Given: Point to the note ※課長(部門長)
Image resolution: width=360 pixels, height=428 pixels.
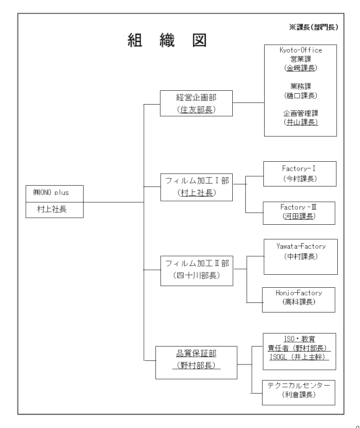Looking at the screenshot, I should coord(313,27).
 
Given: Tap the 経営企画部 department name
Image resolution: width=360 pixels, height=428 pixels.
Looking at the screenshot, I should coord(196,97).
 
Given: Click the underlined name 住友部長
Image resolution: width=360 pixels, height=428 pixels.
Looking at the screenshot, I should coord(196,110).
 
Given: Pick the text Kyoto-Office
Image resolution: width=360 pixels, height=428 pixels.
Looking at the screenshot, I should coord(301,50).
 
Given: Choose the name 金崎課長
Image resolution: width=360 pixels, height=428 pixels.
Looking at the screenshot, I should coord(301,68).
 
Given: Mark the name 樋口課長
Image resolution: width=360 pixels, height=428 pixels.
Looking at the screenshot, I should coord(301,95).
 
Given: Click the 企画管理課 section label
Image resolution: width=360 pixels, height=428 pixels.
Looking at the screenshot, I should coord(301,113).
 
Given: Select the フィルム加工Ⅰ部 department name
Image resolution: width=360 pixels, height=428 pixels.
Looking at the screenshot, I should coord(197,181).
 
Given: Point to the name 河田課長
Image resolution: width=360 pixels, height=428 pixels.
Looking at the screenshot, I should coord(299,216).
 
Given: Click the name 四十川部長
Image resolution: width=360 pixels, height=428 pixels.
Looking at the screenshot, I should coord(197,276).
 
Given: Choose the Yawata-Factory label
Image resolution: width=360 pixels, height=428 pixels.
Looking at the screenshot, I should coord(301,246).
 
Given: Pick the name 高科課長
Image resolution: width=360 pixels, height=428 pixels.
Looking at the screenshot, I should coord(299,302).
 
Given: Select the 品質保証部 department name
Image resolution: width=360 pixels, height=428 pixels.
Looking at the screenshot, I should coord(196,354).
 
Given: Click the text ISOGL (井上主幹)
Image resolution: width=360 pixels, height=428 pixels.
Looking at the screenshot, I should coord(299,357).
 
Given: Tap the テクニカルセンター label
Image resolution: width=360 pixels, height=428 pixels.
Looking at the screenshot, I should coord(299,386).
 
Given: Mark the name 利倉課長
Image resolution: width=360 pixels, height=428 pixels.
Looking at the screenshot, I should coord(299,395).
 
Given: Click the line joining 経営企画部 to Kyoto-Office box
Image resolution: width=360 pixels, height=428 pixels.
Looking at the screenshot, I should coord(248,102).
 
